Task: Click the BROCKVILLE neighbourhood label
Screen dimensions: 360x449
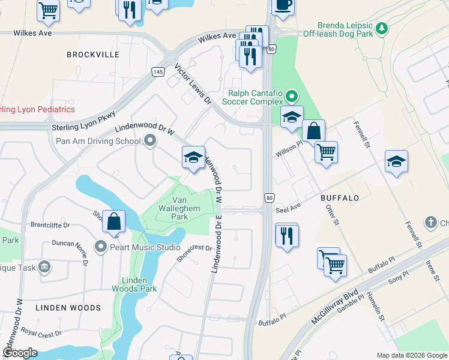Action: (x=93, y=55)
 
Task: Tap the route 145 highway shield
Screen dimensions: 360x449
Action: (x=158, y=71)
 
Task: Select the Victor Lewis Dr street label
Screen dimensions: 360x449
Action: (x=193, y=86)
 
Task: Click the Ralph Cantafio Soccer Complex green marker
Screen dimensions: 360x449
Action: (x=292, y=96)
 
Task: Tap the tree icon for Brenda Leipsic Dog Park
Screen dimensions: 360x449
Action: (x=381, y=28)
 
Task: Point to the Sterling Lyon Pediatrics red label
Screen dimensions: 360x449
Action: (x=37, y=109)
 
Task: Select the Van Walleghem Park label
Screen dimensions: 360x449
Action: (x=188, y=208)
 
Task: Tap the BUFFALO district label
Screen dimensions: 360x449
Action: (x=339, y=197)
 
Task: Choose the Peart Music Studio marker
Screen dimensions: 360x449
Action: (x=100, y=247)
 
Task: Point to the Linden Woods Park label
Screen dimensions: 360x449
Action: (x=134, y=284)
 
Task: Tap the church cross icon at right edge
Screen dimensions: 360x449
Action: (x=430, y=223)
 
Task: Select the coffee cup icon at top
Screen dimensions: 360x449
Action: (x=283, y=4)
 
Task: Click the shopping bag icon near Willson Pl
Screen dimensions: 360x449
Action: (x=313, y=130)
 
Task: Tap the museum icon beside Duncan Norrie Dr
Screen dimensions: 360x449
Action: (x=44, y=266)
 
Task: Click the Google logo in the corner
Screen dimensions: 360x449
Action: (x=19, y=353)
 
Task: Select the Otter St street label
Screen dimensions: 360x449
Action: (x=332, y=216)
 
